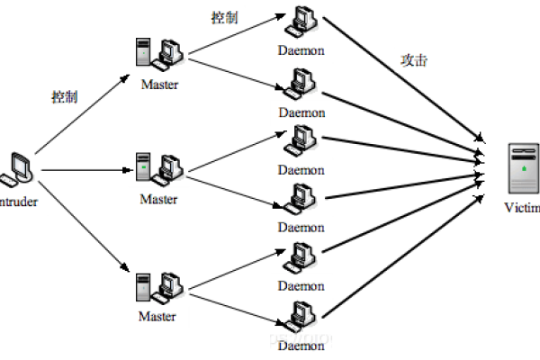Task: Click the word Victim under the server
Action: pyautogui.click(x=523, y=209)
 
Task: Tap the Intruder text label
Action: pyautogui.click(x=18, y=202)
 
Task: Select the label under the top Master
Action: pyautogui.click(x=158, y=85)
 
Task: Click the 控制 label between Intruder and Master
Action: pyautogui.click(x=64, y=95)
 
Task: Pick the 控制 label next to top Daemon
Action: pyautogui.click(x=224, y=17)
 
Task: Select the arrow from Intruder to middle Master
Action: pyautogui.click(x=85, y=169)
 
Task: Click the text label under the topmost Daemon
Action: pyautogui.click(x=301, y=51)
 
